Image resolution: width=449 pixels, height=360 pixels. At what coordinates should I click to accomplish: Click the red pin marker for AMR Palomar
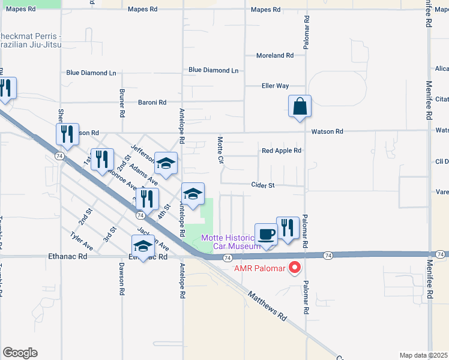[x=295, y=267]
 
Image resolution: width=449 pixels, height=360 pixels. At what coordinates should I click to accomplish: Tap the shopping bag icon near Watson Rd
[x=300, y=107]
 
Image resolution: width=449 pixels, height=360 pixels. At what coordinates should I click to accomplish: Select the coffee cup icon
[x=266, y=234]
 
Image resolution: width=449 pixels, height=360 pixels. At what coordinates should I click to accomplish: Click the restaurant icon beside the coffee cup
[x=288, y=228]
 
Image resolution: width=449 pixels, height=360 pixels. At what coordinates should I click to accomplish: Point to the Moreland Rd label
[x=275, y=55]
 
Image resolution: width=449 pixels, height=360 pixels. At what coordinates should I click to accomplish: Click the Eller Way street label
[x=275, y=86]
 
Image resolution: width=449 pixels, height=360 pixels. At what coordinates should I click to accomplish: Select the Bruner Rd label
[x=122, y=104]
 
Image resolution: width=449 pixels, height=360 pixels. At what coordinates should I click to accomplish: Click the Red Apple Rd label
[x=281, y=151]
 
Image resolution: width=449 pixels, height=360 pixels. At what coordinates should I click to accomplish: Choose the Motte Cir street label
[x=220, y=151]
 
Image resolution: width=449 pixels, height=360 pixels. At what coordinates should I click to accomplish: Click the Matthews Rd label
[x=267, y=307]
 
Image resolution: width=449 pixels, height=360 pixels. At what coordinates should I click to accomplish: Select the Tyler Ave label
[x=82, y=241]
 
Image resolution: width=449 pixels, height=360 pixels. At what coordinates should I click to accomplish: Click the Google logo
[x=20, y=353]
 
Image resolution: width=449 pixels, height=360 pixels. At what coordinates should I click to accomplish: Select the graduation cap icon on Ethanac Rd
[x=143, y=247]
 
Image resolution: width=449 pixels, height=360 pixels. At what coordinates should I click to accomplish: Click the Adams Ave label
[x=143, y=173]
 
